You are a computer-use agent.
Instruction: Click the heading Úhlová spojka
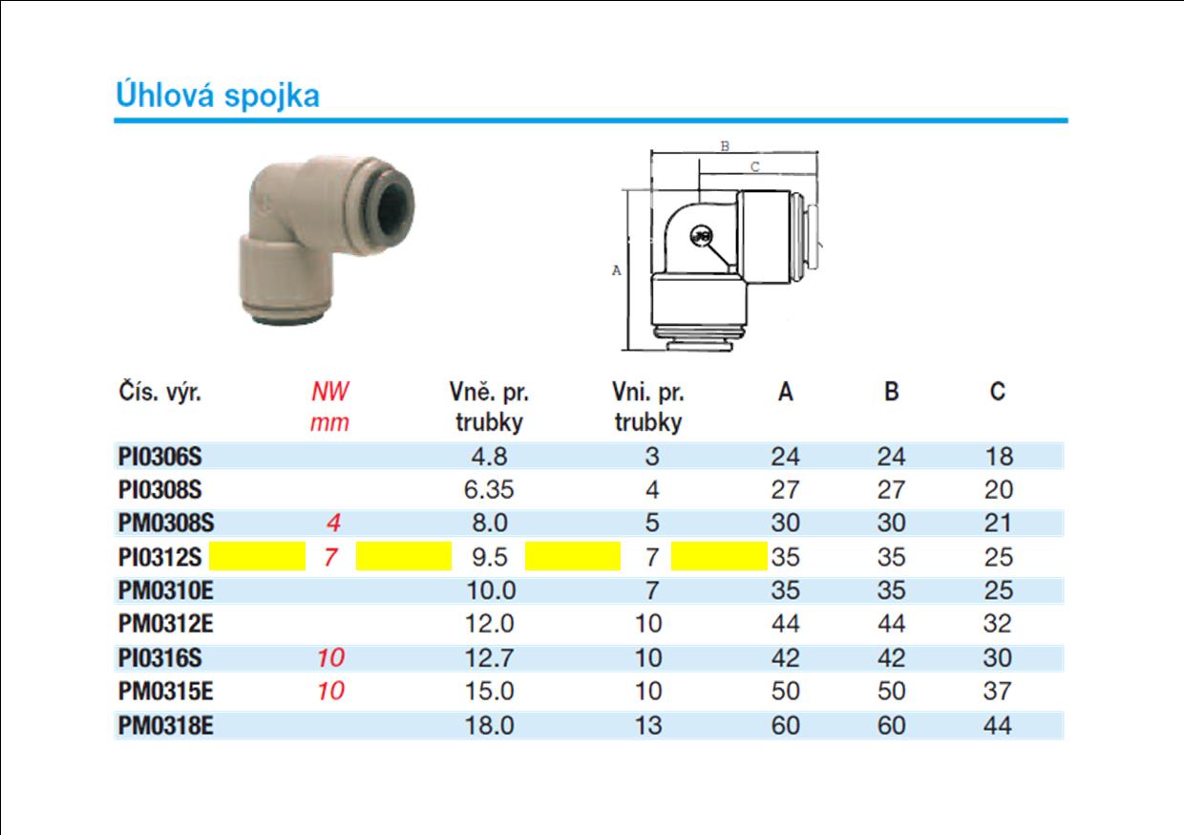click(218, 96)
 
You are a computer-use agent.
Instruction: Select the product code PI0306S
click(159, 457)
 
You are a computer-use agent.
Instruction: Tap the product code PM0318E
click(165, 725)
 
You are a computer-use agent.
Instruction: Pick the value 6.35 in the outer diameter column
click(489, 490)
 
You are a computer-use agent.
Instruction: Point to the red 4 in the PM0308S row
click(333, 523)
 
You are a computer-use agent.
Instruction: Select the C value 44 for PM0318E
click(998, 725)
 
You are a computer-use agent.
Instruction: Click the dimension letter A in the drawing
click(616, 270)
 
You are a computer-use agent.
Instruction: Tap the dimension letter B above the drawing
click(726, 146)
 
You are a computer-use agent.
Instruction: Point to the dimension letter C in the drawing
click(755, 166)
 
